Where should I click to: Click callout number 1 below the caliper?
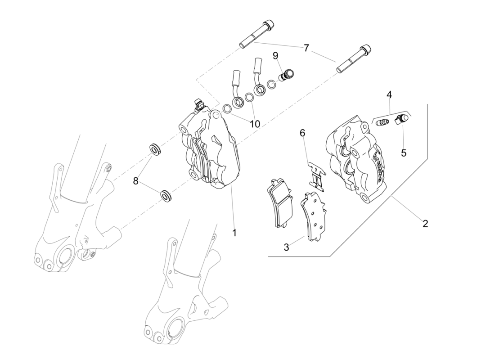coord(234,233)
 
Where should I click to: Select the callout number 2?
coord(425,223)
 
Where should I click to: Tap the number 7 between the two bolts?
coord(306,48)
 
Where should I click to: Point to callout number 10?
coord(255,124)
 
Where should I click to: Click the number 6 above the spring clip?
coord(302,133)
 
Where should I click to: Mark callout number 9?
coord(275,56)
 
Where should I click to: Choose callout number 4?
coord(389,94)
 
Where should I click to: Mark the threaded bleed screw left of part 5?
coord(382,122)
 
